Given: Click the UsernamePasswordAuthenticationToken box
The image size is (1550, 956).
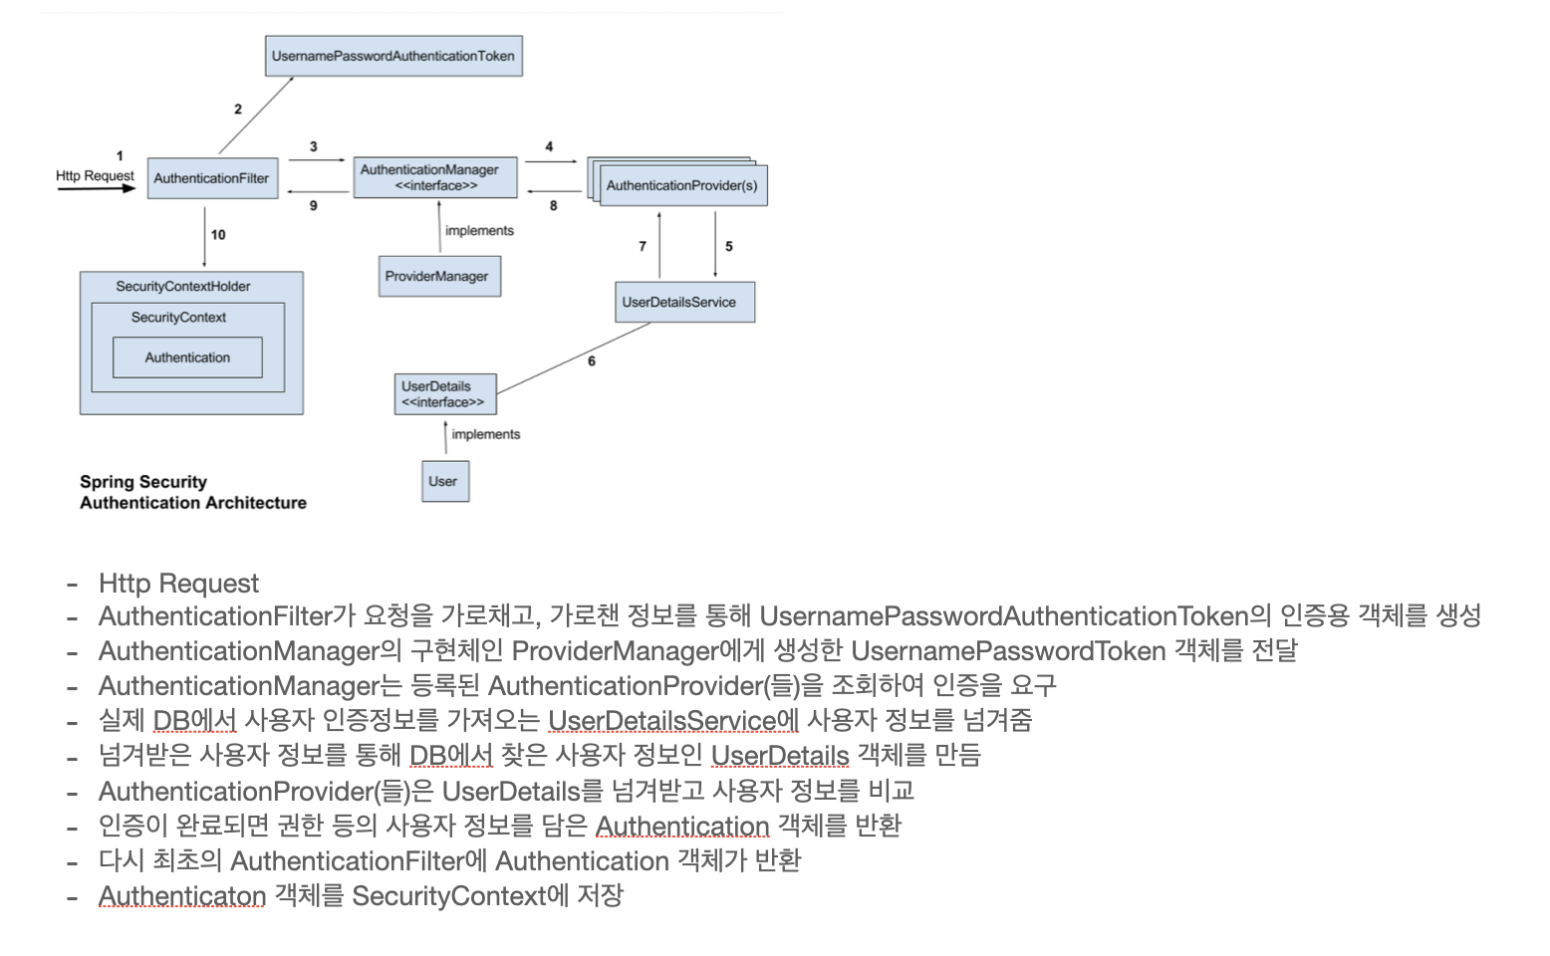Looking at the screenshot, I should [393, 56].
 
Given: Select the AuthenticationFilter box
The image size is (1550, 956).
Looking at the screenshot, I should [212, 178].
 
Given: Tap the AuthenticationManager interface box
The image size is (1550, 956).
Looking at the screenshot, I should [435, 177].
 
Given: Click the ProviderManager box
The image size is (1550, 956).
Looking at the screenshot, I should [438, 276].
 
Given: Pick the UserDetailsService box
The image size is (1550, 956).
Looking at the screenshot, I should [684, 302].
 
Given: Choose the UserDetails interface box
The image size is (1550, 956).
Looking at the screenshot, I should [444, 394].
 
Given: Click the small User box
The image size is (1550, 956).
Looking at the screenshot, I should [444, 481].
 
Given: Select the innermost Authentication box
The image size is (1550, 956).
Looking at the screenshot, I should [187, 358].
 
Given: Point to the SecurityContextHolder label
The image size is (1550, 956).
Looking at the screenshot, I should [183, 286].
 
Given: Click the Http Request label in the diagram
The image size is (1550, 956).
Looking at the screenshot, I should [95, 175].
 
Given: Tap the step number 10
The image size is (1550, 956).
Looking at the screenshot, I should [218, 235].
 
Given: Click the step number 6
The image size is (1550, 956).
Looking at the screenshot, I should [592, 360].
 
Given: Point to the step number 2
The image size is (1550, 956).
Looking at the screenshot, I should [238, 110].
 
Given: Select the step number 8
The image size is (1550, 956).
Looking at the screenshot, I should [554, 205].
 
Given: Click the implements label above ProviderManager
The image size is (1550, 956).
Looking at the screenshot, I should [479, 230].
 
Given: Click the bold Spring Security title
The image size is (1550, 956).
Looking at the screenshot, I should [143, 482].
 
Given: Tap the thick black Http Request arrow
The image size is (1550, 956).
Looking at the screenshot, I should [96, 188].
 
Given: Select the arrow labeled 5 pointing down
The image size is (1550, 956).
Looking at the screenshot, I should [715, 244].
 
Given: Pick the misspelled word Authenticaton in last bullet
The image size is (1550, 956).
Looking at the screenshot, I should [182, 896].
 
